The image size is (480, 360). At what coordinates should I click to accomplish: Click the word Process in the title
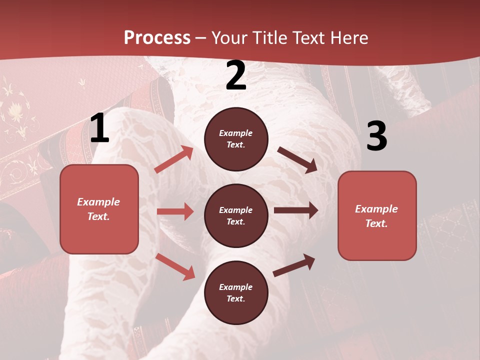point(157,38)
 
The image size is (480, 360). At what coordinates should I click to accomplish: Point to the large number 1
point(99,128)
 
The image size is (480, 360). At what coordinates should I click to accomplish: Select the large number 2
point(236,76)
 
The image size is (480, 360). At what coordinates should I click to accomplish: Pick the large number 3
point(376,136)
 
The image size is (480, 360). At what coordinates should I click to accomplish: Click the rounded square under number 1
point(99,209)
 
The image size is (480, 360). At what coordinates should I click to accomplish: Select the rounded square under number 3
point(377,215)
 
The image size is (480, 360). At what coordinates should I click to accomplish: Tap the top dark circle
point(236,139)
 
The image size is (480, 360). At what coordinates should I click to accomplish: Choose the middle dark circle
point(236,215)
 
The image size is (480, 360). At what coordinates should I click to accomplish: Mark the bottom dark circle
point(236,292)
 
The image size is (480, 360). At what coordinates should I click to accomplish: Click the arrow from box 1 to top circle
point(174,159)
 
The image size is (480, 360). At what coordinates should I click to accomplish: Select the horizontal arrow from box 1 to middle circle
point(175,211)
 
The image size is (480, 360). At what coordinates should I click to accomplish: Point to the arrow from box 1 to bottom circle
point(175,266)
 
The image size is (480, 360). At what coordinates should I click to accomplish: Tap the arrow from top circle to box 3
point(297,160)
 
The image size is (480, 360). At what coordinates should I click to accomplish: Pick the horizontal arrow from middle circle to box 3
point(296,210)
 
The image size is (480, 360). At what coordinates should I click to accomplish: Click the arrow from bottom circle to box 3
point(294,265)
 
